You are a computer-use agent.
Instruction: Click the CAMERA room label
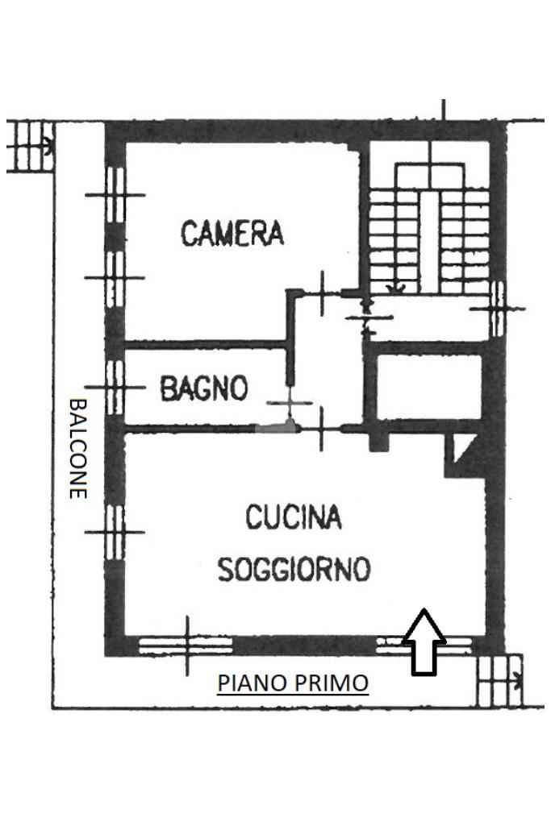pos(232,234)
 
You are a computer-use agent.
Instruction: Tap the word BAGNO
pos(204,388)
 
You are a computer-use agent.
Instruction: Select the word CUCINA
pos(294,517)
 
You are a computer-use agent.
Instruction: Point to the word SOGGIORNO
pos(294,569)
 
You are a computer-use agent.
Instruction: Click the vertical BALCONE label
pos(78,448)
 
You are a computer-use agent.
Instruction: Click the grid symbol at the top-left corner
pos(30,147)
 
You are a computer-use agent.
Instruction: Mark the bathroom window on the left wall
pos(115,387)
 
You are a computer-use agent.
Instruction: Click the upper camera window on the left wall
pos(115,195)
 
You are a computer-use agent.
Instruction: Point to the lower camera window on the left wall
pos(115,277)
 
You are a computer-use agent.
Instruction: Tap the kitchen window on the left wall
pos(115,532)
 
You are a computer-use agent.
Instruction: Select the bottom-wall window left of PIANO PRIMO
pos(186,645)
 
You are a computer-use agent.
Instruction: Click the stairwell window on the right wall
pos(498,309)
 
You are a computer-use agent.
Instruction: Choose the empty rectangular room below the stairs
pos(430,387)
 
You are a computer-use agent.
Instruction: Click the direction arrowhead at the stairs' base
pos(395,288)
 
